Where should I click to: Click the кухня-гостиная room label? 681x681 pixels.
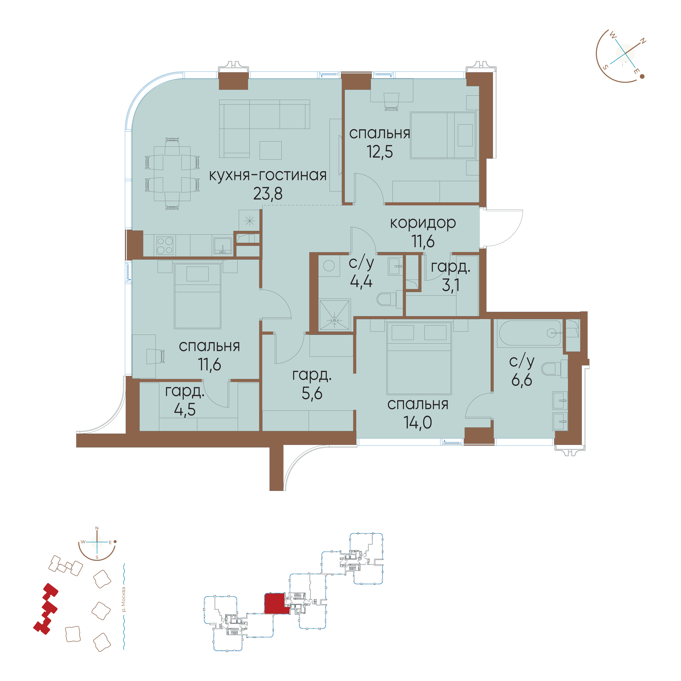268,175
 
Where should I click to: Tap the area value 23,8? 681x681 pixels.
268,194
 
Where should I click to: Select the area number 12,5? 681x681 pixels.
380,152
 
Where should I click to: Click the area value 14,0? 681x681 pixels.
418,422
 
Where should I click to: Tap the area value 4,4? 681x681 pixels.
361,281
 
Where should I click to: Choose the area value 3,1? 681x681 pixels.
450,285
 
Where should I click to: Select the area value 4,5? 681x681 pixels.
185,410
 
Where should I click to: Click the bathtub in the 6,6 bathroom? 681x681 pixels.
529,333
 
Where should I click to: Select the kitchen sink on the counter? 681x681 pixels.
222,245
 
